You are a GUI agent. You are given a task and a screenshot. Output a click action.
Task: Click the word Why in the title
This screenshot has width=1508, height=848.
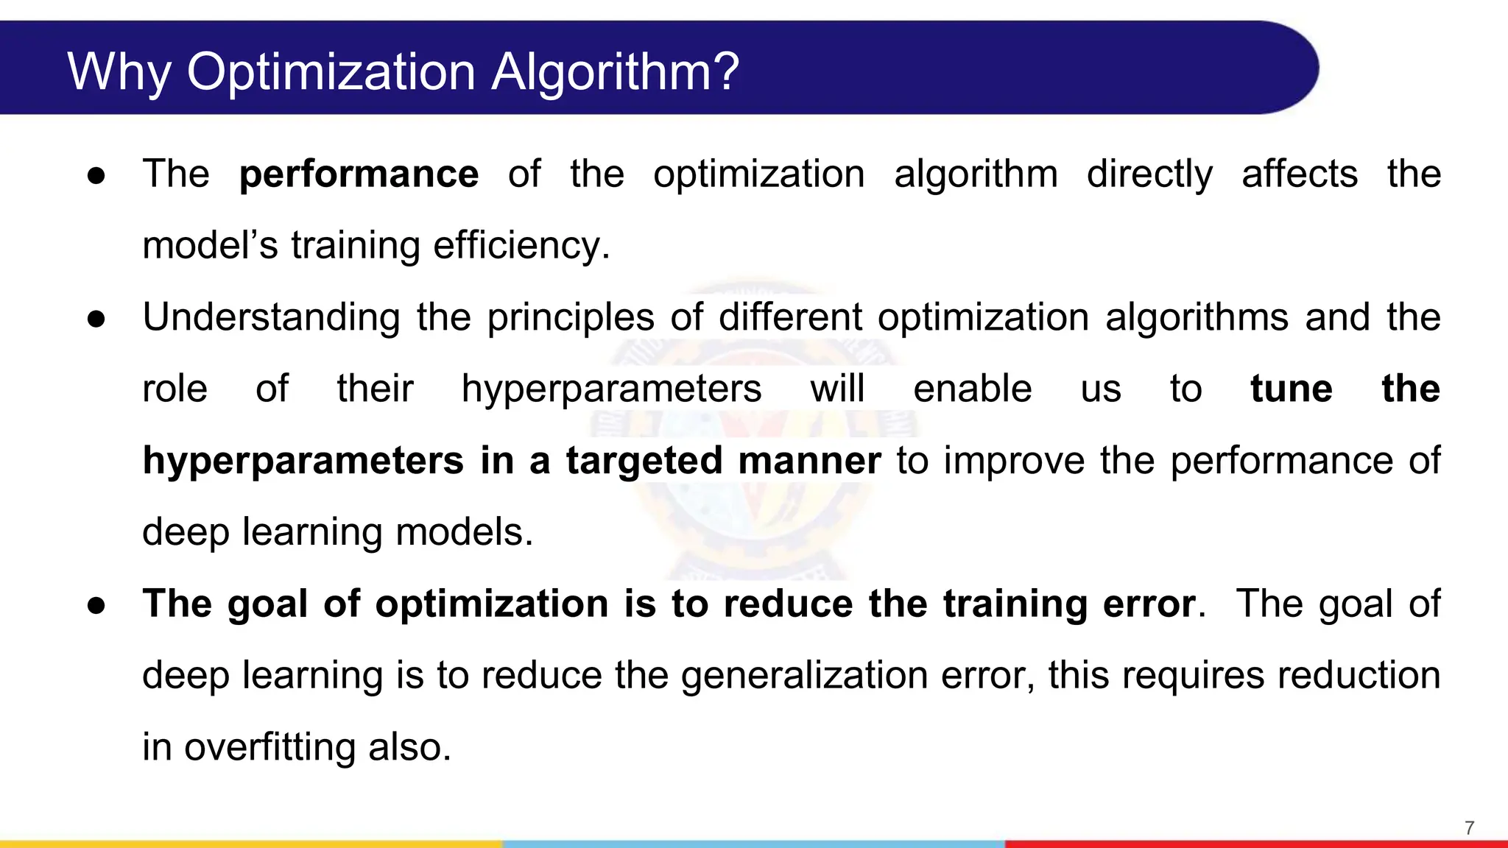[119, 72]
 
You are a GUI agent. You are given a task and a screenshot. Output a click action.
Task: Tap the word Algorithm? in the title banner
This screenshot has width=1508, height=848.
[615, 72]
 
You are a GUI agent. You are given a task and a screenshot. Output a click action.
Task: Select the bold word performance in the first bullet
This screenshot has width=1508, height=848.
[359, 174]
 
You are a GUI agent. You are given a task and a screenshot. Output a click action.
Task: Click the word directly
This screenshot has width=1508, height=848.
[1149, 174]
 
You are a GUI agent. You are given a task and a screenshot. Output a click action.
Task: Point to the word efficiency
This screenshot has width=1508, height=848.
[521, 245]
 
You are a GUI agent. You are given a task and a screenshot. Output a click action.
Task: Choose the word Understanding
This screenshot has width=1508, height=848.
[271, 317]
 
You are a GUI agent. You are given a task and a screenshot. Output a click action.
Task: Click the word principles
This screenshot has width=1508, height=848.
[571, 317]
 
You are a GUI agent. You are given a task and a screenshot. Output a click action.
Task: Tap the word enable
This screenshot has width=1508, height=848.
[972, 389]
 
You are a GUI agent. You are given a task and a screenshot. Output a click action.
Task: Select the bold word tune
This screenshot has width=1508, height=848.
[1291, 389]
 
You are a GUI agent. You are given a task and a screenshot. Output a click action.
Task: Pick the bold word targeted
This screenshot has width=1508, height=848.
[644, 461]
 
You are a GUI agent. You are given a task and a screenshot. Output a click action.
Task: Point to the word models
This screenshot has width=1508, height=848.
[464, 531]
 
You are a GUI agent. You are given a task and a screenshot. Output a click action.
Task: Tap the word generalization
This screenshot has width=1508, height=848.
[804, 676]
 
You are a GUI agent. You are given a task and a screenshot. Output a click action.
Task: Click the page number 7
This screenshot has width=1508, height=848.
[1470, 828]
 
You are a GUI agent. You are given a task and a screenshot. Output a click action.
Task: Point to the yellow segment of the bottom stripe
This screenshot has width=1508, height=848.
[250, 844]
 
